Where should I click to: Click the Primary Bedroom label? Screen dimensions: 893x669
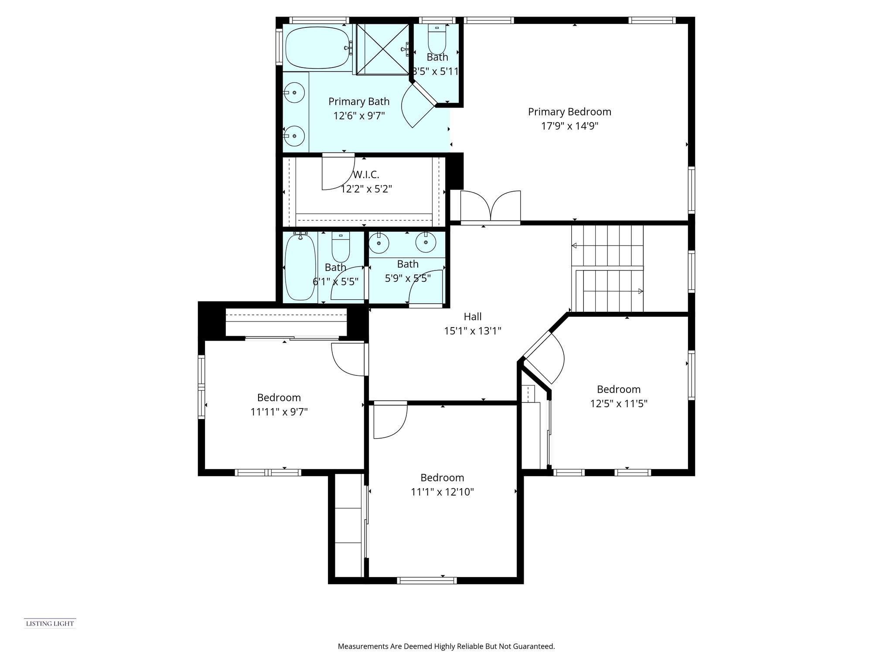click(569, 112)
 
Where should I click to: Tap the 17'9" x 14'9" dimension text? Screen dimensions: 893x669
click(569, 126)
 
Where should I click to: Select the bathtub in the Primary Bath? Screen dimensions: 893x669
click(318, 47)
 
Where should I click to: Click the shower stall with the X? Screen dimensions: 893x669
click(382, 49)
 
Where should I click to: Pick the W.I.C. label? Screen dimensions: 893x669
click(366, 175)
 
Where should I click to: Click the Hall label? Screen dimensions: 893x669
click(473, 317)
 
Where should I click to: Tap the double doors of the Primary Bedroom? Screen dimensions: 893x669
click(491, 206)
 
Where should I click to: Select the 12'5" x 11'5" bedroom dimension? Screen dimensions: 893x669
click(619, 404)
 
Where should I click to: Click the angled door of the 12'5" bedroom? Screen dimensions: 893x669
click(545, 357)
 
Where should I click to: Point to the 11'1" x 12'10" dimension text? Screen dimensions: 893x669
click(442, 492)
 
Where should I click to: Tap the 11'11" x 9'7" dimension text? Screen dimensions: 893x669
click(279, 412)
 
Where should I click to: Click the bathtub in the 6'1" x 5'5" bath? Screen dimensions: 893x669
click(300, 267)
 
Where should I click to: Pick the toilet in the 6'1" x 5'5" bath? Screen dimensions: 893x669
click(341, 247)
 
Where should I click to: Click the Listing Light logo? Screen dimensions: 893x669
click(50, 624)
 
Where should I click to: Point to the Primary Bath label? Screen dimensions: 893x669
click(359, 101)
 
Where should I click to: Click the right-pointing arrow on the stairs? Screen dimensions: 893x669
click(613, 291)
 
